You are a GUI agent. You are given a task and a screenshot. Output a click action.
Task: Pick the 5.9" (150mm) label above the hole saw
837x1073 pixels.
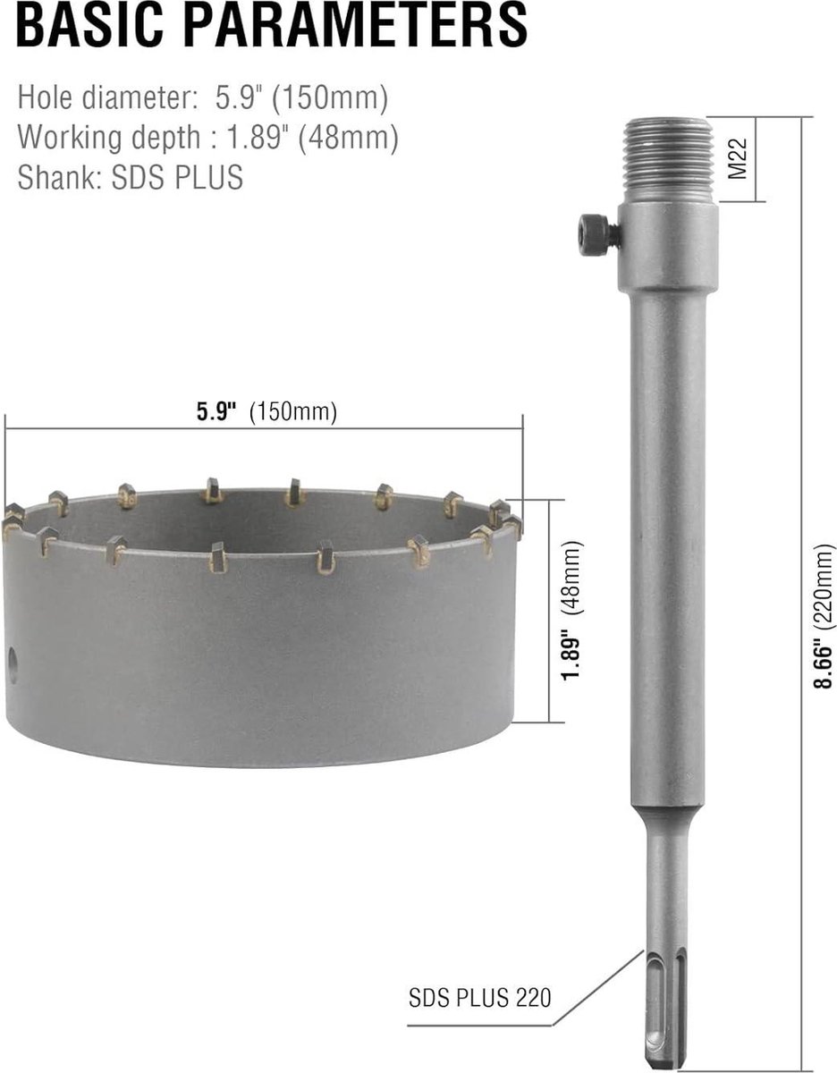[x=266, y=411]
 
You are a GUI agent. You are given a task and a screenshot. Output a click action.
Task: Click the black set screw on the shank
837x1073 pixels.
[x=598, y=230]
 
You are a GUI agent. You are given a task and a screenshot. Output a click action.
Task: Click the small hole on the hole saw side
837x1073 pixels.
[x=13, y=665]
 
